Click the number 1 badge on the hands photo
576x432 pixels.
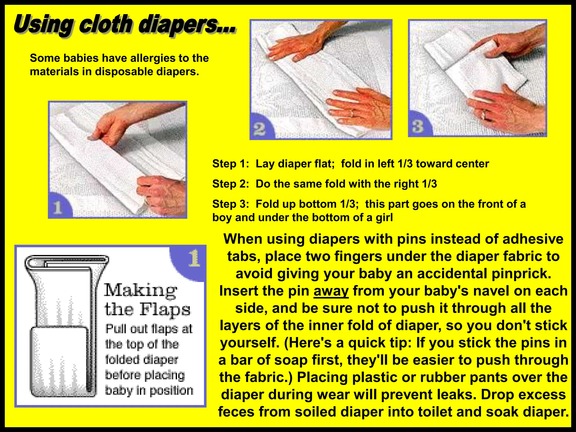pyautogui.click(x=58, y=208)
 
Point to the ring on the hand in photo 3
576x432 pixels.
pyautogui.click(x=484, y=114)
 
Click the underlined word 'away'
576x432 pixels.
pyautogui.click(x=331, y=291)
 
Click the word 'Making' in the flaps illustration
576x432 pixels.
pyautogui.click(x=141, y=290)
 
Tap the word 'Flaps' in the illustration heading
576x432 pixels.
pyautogui.click(x=165, y=309)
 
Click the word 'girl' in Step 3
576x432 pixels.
pyautogui.click(x=384, y=218)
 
